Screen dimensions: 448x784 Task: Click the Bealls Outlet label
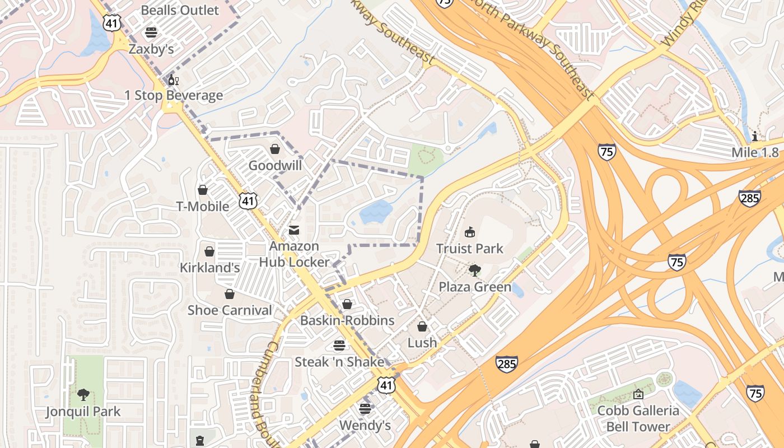tap(180, 10)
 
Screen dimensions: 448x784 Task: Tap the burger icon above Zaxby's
tap(151, 32)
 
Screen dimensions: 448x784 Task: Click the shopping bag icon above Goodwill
tap(275, 149)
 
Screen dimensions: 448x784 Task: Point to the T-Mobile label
tap(203, 206)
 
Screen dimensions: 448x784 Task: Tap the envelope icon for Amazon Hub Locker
tap(293, 230)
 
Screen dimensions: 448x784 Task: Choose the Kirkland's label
tap(209, 268)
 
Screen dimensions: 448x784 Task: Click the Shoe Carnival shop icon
tap(229, 294)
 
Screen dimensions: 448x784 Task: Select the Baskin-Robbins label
tap(347, 320)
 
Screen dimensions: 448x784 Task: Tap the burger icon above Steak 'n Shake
tap(339, 346)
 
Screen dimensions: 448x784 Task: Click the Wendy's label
tap(365, 426)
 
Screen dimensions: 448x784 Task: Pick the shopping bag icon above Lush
tap(422, 326)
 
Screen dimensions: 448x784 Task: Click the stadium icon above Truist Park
tap(470, 232)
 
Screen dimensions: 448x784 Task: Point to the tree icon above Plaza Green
tap(475, 271)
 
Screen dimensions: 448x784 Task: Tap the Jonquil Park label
tap(83, 412)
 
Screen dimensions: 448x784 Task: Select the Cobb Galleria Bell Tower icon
tap(638, 394)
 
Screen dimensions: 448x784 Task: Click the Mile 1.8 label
tap(755, 152)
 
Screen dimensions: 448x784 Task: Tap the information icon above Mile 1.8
tap(755, 136)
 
